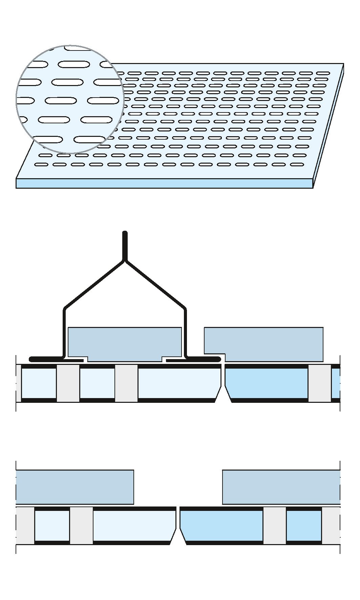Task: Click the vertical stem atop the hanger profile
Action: (125, 246)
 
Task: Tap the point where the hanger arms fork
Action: (125, 261)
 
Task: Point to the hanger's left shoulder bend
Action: (64, 309)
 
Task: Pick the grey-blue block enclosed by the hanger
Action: (125, 344)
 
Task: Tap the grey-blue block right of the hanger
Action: (263, 344)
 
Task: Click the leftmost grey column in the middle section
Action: (68, 383)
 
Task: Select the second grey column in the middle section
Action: (126, 383)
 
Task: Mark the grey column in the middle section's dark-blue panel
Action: (319, 383)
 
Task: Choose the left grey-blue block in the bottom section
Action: (75, 487)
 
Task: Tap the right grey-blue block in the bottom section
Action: (281, 487)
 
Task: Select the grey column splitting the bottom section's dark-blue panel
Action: (274, 525)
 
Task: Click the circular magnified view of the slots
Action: (70, 99)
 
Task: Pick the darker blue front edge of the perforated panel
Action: (164, 183)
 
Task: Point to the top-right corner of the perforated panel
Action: (343, 64)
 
